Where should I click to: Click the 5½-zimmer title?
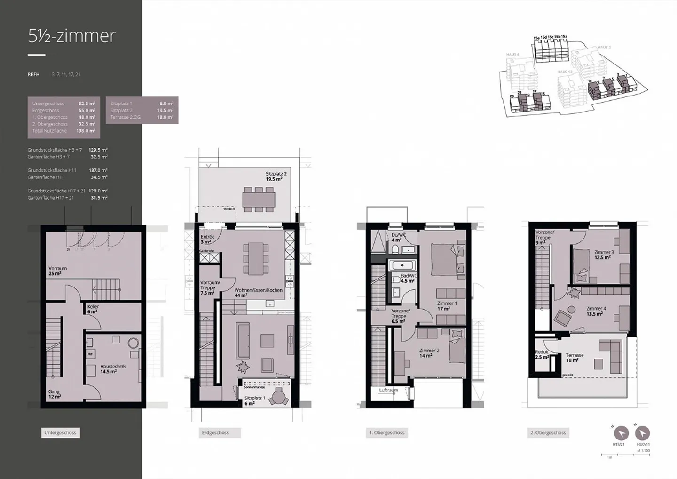pos(72,36)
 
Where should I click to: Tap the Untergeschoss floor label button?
pos(60,432)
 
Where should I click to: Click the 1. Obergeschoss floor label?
pos(386,432)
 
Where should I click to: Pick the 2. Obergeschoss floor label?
pos(548,432)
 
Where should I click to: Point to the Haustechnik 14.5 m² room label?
pos(113,369)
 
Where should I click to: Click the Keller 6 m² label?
pos(93,309)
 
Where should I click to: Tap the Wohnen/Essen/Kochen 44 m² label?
pos(258,293)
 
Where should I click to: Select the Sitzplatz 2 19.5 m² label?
pos(276,176)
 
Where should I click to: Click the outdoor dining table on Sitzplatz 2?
pos(259,200)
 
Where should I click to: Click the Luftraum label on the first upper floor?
pos(389,390)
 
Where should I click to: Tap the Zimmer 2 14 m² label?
pos(429,353)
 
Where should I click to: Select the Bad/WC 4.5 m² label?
pos(408,278)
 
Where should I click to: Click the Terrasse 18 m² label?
pos(575,358)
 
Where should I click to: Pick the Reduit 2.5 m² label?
pos(542,354)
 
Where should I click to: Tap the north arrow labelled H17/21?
pos(621,433)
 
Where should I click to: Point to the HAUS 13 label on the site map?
pos(565,72)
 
